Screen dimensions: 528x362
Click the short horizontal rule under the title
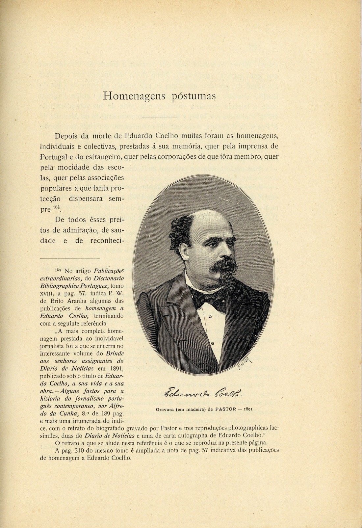pos(159,117)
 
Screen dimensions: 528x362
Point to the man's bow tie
pos(205,298)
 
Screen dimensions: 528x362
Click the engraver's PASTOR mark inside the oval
pos(244,363)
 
